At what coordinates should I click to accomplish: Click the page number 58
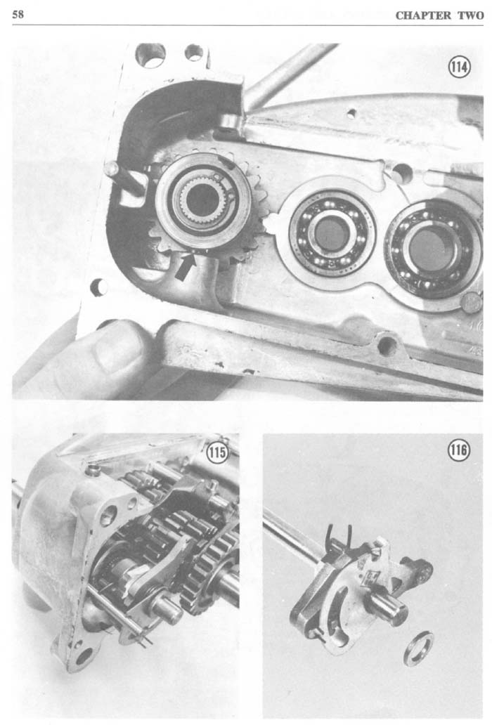[x=18, y=14]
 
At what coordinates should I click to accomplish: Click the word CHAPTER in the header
[x=423, y=15]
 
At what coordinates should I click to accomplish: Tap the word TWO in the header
[x=470, y=15]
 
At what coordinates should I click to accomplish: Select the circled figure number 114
[x=459, y=67]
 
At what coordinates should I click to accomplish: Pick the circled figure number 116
[x=458, y=450]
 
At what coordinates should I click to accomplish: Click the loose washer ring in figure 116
[x=418, y=648]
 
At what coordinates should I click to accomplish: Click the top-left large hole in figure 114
[x=150, y=55]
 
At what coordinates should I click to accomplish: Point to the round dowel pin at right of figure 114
[x=472, y=302]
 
